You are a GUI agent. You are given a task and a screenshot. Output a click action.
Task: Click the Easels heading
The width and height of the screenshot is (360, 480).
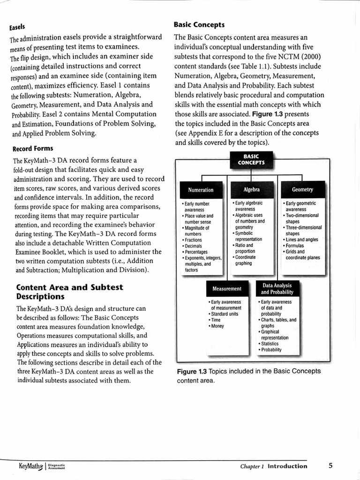point(17,28)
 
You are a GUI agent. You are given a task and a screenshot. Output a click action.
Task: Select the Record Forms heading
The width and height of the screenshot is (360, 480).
point(32,149)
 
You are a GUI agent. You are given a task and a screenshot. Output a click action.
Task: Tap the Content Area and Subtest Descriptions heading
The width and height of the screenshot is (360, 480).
point(69,292)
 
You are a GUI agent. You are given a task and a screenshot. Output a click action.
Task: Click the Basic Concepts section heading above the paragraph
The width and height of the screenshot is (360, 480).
point(199,24)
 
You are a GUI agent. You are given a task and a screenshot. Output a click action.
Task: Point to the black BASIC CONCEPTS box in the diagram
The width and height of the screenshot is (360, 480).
point(251,159)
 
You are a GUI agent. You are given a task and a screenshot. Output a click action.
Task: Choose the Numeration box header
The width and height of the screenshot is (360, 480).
point(201,190)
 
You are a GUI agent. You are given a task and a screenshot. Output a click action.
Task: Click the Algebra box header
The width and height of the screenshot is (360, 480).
point(252,189)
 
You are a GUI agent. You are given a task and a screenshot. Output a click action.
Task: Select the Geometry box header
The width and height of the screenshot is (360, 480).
point(302,189)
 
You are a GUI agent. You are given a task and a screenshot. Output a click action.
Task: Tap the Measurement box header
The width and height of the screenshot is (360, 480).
point(226,288)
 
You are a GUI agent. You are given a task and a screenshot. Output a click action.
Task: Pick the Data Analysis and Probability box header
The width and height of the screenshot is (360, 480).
point(277,288)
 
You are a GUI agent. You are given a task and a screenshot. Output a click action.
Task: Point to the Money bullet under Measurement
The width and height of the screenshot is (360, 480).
point(217,326)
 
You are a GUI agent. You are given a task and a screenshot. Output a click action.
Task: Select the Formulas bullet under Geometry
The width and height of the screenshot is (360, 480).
point(295,246)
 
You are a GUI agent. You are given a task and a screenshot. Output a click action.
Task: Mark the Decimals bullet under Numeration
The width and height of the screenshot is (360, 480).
point(193,246)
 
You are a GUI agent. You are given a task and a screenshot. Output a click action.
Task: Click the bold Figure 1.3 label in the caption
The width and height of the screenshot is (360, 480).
point(192,371)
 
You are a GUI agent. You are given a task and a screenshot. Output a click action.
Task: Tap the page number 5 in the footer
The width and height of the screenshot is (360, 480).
point(330,465)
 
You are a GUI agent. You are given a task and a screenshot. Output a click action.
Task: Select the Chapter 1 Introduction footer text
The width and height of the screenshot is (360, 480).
point(274,466)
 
